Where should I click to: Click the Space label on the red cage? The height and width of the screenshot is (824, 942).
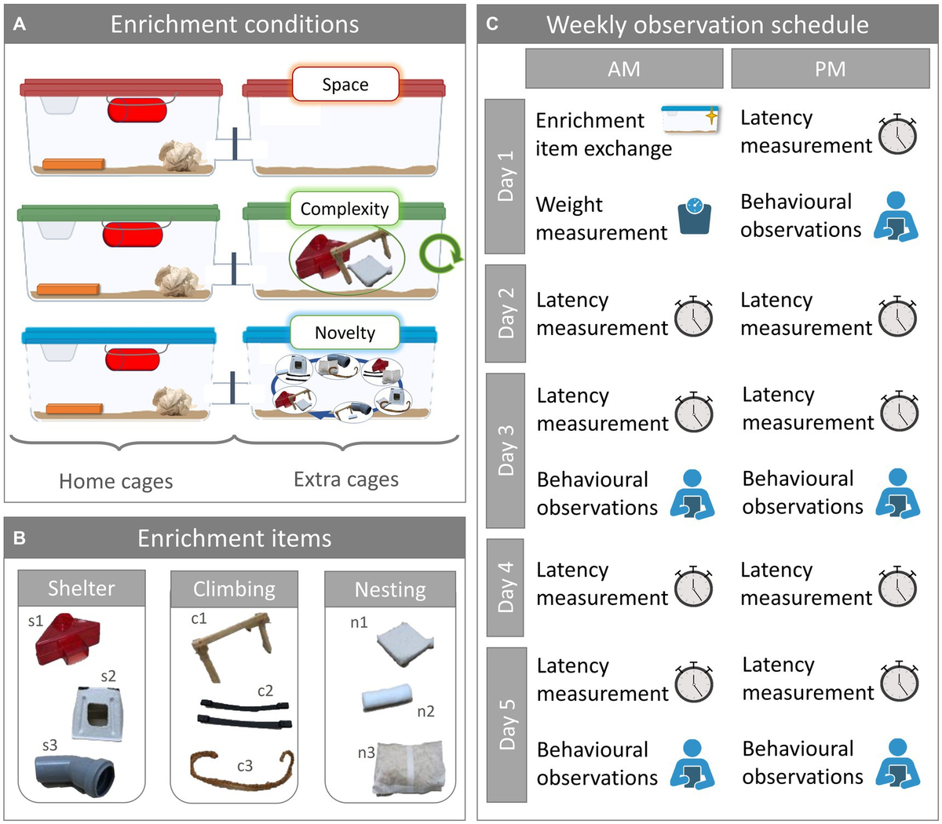[345, 85]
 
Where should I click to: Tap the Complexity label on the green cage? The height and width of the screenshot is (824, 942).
[345, 209]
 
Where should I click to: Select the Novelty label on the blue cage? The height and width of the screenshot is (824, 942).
[345, 333]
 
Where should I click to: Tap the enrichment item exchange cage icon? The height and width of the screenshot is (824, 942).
[691, 121]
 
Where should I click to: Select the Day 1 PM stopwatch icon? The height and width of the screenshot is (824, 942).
[897, 133]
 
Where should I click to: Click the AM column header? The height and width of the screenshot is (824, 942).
[624, 69]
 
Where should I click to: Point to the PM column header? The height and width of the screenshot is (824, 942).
[830, 69]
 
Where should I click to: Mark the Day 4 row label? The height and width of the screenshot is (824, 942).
[506, 586]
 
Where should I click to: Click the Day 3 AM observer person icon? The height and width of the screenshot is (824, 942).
[692, 494]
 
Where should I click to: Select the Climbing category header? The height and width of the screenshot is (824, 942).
[234, 589]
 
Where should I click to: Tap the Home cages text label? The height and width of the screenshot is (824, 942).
[115, 481]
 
